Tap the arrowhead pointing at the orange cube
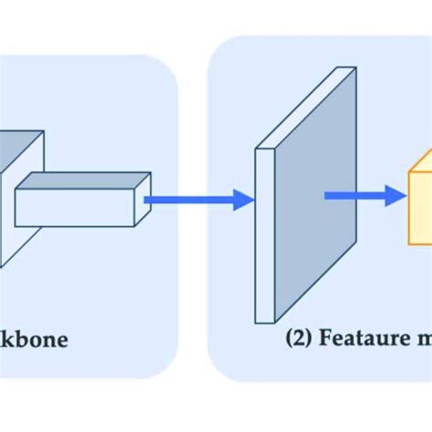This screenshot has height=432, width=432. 394,194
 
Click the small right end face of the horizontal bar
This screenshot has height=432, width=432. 143,196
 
